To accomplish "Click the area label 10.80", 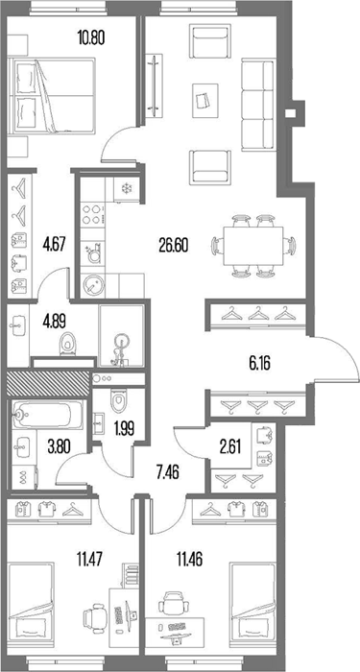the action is (x=91, y=38).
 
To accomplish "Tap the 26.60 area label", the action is (x=173, y=246).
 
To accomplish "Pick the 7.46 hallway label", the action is (x=166, y=473).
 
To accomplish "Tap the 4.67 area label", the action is (x=54, y=246).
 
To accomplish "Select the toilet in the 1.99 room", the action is (x=117, y=399).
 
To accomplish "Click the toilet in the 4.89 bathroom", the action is (x=68, y=344).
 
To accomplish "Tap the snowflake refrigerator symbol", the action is (x=126, y=188).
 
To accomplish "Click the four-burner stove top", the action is (x=92, y=214).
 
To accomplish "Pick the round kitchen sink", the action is (x=92, y=284).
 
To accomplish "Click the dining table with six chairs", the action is (x=252, y=246).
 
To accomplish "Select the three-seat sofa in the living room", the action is (x=257, y=106).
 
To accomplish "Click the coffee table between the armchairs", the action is (x=204, y=101).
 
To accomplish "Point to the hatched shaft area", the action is (x=47, y=383).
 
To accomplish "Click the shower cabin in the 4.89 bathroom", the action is (x=121, y=336).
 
